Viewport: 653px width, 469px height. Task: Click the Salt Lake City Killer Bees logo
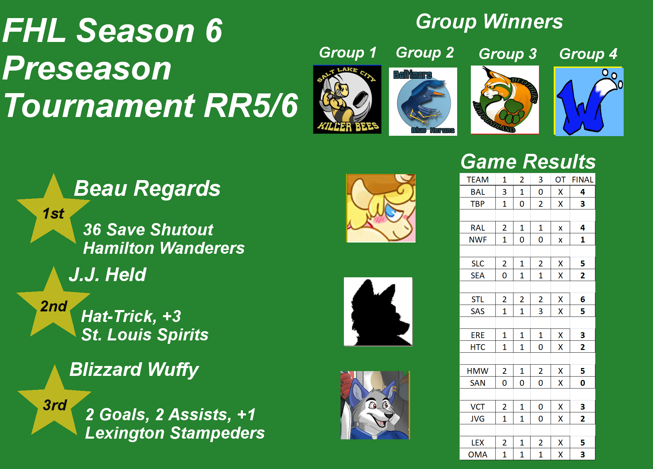click(347, 99)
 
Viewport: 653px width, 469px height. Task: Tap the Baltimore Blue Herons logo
click(423, 102)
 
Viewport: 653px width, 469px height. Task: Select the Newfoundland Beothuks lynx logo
click(505, 100)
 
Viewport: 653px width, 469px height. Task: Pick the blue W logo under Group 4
click(589, 101)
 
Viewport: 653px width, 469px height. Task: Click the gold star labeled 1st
click(53, 211)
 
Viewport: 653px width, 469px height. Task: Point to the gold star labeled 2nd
click(53, 305)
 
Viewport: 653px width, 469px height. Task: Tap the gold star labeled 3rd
click(54, 403)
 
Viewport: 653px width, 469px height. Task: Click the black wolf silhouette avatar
click(378, 312)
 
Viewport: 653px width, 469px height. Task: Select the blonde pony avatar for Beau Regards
click(381, 208)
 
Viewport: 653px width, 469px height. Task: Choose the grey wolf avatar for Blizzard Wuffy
click(375, 405)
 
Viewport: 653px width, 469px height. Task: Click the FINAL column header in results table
click(582, 180)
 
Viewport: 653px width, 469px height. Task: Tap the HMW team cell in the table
click(478, 371)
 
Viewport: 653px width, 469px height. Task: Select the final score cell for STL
click(582, 299)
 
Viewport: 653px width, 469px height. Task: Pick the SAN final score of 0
click(582, 383)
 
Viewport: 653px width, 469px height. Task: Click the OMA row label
click(478, 454)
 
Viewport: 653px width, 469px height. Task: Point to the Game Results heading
click(528, 161)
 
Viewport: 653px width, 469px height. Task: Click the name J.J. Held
click(107, 275)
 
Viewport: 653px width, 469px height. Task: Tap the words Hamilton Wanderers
click(164, 248)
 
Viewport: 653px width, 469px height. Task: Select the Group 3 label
click(508, 54)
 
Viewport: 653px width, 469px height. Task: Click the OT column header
click(560, 180)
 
